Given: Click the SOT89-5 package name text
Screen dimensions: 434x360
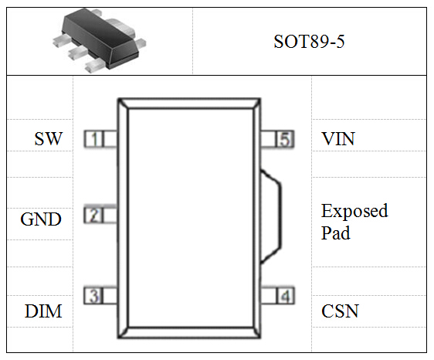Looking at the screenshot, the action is coord(309,42).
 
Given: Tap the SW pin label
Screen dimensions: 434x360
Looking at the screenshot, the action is coord(49,139).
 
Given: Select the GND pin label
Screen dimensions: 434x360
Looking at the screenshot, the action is coord(41,219).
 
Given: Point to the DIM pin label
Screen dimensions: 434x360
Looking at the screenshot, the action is coord(43,311).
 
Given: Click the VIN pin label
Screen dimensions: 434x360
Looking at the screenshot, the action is coord(338,139).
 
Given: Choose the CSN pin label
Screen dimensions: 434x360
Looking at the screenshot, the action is coord(340,311).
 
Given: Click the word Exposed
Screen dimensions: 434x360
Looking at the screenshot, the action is coord(354,212).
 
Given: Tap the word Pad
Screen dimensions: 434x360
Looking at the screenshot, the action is coord(335,233).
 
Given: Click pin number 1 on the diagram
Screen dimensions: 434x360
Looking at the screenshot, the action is coord(94,139).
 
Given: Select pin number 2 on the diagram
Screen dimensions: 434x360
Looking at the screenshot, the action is coord(94,216).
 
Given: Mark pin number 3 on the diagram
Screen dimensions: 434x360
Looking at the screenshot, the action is coord(94,296).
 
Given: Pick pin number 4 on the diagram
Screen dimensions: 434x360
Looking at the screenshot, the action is coord(285,296).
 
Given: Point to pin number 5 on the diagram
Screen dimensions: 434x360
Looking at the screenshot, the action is coord(285,139).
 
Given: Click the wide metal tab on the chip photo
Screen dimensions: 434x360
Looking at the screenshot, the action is coord(122,27).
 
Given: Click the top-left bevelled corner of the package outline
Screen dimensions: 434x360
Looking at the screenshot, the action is coord(123,104).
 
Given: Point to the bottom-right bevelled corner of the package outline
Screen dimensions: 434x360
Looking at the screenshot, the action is coord(256,332).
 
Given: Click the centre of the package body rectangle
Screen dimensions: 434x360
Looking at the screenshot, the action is coord(189,218).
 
